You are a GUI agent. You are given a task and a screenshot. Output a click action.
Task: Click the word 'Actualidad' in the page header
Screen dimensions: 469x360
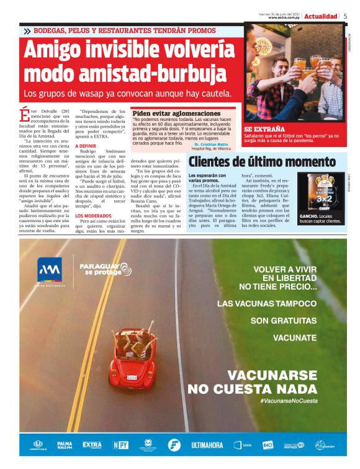pyautogui.click(x=321, y=16)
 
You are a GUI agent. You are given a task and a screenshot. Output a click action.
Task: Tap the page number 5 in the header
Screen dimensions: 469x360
pyautogui.click(x=345, y=16)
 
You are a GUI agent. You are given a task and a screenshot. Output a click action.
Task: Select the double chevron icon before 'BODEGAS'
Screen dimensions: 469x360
pyautogui.click(x=27, y=31)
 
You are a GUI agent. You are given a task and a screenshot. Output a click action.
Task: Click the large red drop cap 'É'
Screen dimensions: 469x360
pyautogui.click(x=24, y=115)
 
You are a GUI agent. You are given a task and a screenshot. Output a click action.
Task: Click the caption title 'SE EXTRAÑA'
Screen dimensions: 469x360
pyautogui.click(x=264, y=128)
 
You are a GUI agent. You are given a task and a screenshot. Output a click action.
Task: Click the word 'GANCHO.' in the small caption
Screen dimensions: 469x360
pyautogui.click(x=309, y=215)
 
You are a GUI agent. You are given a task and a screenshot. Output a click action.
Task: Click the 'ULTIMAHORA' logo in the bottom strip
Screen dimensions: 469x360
pyautogui.click(x=207, y=445)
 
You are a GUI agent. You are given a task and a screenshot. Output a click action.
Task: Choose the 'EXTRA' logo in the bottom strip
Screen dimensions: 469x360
pyautogui.click(x=91, y=445)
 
